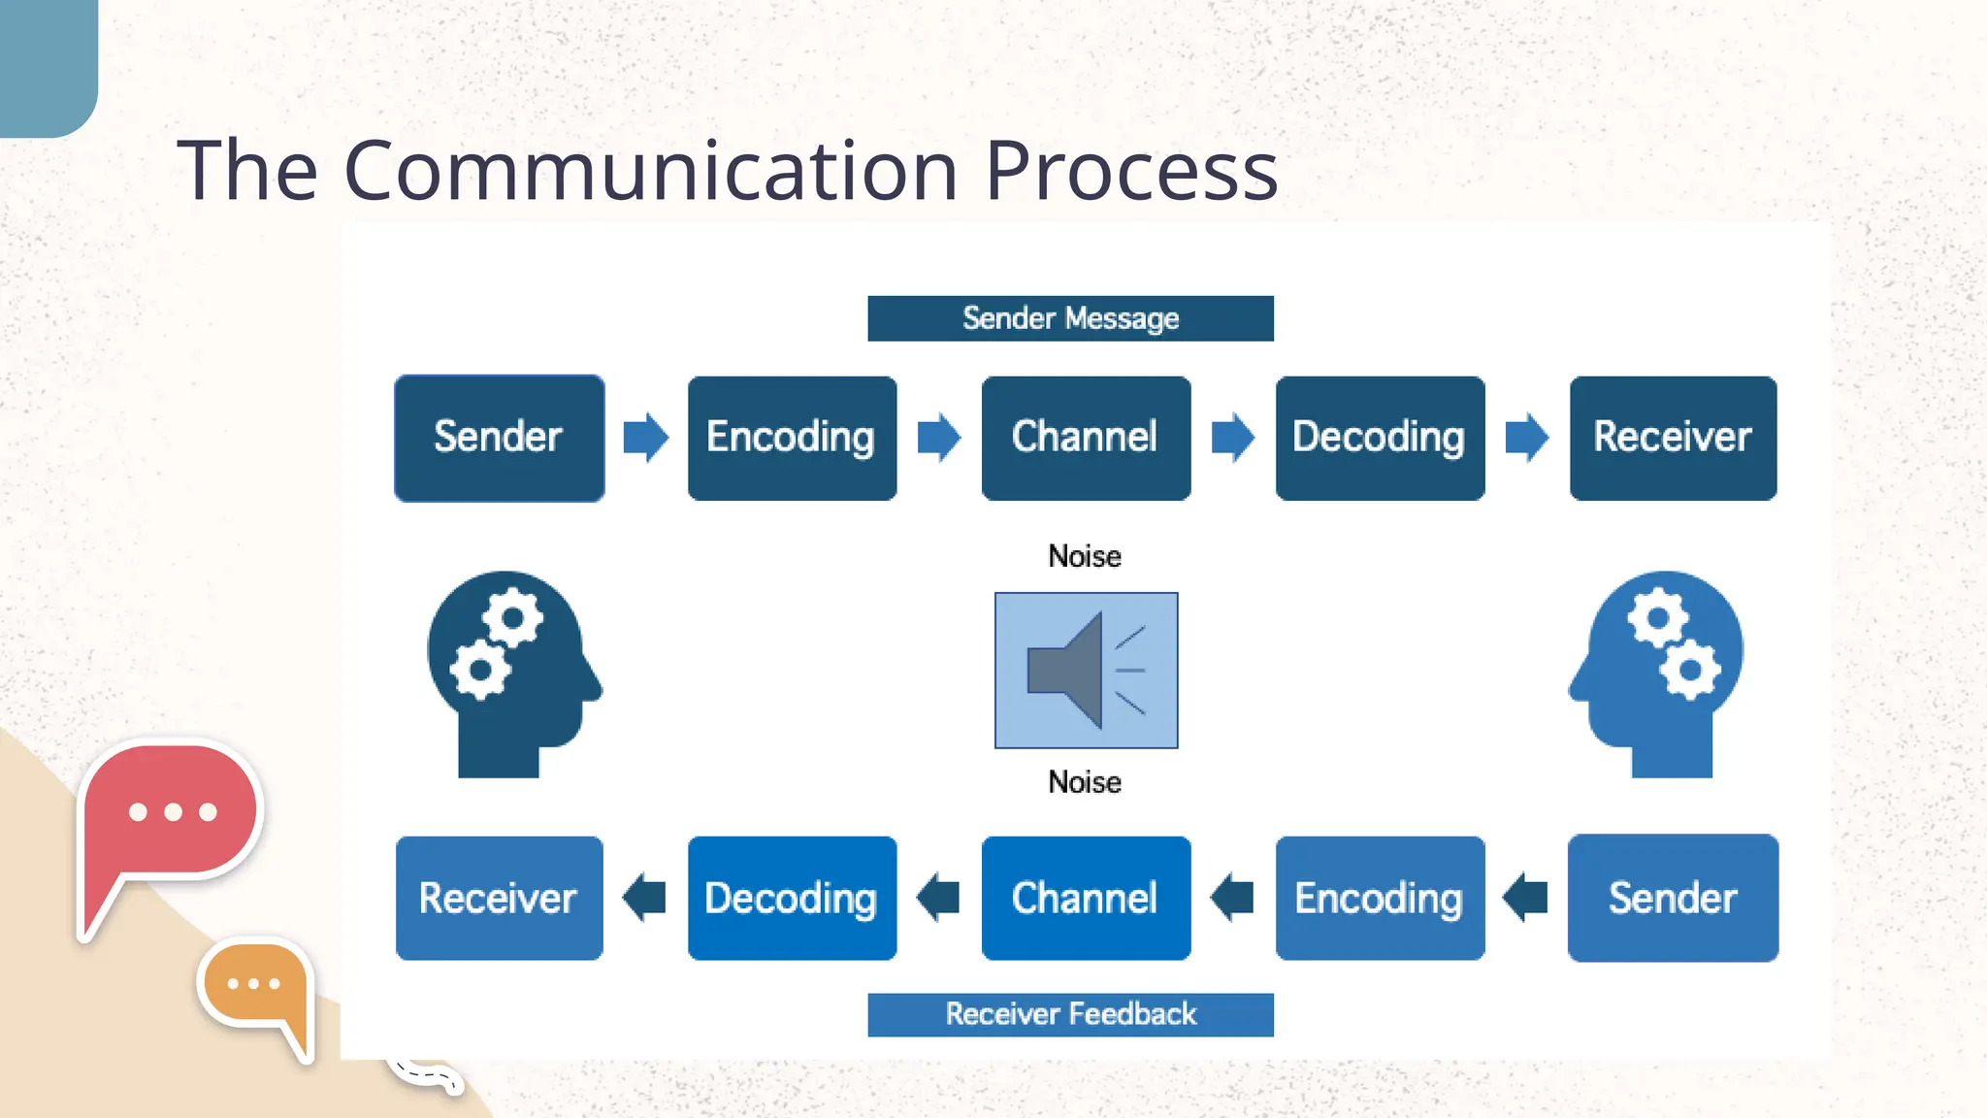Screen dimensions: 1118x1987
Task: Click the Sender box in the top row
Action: (x=499, y=438)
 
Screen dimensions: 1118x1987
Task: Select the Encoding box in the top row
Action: (x=792, y=438)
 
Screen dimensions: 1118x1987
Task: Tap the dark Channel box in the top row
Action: (x=1086, y=438)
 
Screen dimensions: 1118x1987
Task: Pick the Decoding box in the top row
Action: (x=1380, y=438)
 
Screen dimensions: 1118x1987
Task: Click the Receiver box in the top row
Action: (x=1673, y=438)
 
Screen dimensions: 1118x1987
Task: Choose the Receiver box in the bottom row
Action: (x=499, y=898)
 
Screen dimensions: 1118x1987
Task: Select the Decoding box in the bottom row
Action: (x=792, y=898)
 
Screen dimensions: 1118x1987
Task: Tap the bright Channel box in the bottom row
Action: (x=1086, y=898)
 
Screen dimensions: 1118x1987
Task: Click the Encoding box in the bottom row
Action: (x=1380, y=898)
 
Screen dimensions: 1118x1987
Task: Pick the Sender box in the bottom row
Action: (x=1673, y=898)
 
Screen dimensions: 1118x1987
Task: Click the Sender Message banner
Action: (x=1070, y=318)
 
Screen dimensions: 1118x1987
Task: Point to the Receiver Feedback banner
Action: (x=1070, y=1014)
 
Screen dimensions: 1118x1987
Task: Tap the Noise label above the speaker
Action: (x=1085, y=556)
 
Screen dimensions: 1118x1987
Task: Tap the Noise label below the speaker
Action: (x=1085, y=782)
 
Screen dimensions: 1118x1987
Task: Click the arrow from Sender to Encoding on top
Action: (x=645, y=437)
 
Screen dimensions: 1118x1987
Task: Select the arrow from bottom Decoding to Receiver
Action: (x=644, y=897)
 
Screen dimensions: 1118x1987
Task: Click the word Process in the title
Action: (x=1131, y=171)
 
